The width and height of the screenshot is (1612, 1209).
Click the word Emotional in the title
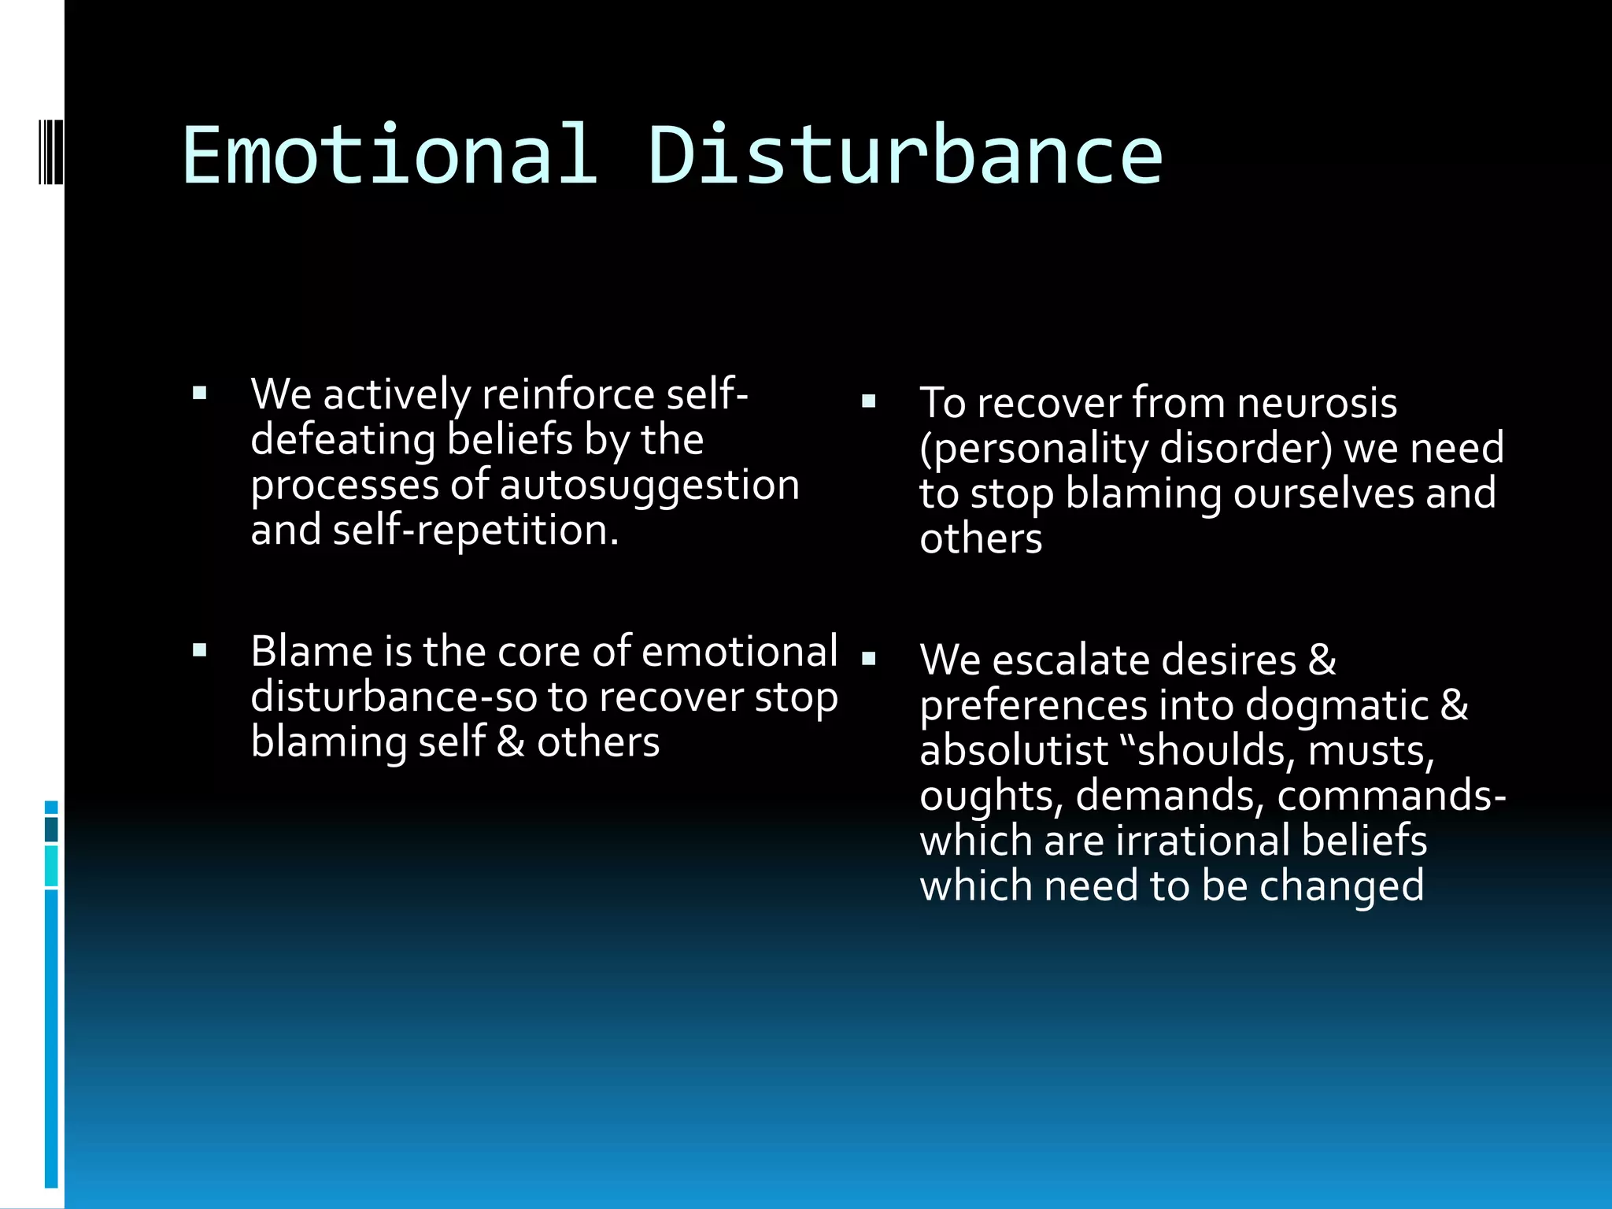point(389,156)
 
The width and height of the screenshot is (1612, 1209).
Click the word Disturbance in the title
point(904,156)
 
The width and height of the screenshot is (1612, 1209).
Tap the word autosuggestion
point(649,485)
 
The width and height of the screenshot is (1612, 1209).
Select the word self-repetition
point(475,530)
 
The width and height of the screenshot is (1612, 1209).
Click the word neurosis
point(1316,403)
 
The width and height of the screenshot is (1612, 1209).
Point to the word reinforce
point(568,394)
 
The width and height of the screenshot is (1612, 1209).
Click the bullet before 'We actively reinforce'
point(200,393)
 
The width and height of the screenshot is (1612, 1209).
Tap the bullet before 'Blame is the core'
point(200,650)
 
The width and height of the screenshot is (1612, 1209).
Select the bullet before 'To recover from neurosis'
point(868,401)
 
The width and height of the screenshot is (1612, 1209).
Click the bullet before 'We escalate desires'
point(868,659)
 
